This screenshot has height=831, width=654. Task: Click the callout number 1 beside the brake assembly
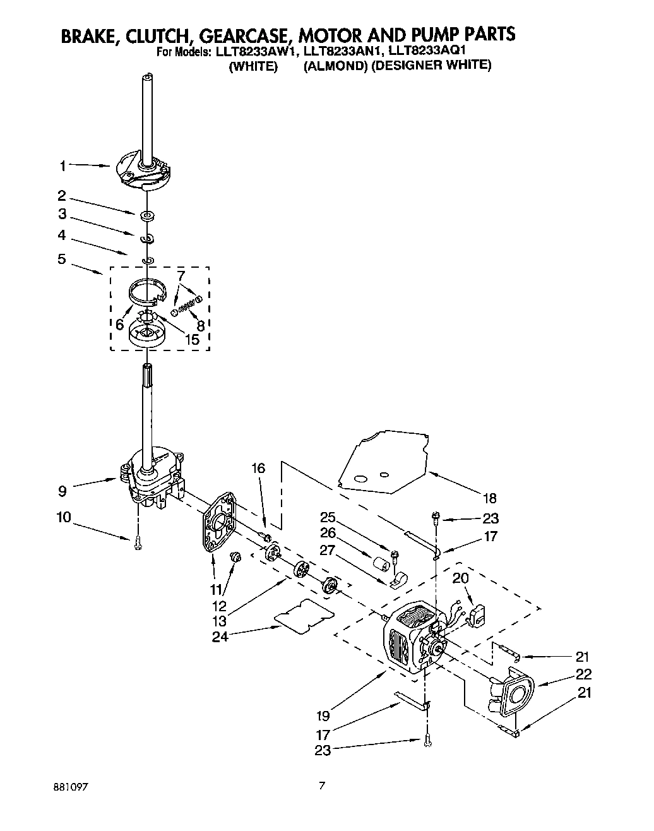pos(62,166)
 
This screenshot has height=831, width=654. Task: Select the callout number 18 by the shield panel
pos(490,496)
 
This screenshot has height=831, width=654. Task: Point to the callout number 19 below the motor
pos(323,716)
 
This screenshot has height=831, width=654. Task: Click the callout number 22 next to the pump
pos(584,674)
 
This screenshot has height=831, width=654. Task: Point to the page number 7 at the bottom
pos(323,786)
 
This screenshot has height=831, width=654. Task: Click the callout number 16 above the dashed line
pos(259,469)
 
